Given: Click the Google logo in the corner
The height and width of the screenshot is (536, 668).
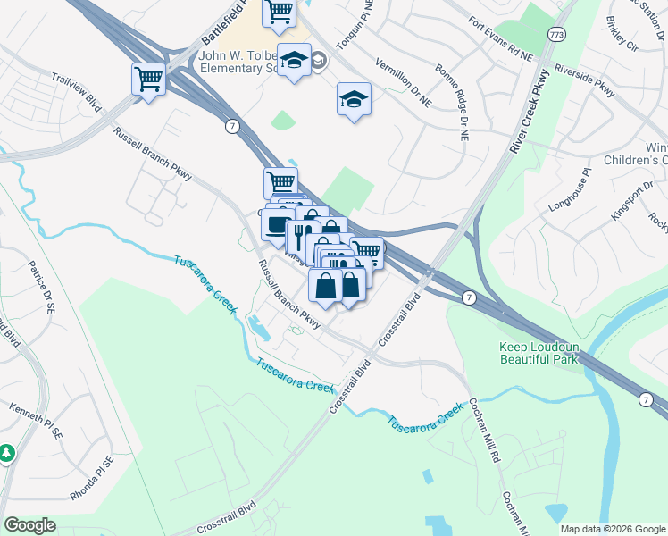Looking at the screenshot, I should coord(29,525).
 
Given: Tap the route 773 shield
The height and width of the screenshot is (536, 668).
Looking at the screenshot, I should coord(557,34).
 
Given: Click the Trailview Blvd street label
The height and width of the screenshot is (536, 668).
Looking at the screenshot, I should coord(77,92).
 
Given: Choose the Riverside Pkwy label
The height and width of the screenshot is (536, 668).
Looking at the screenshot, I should coord(585,79).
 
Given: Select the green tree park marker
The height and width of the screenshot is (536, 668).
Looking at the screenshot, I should coord(7,453).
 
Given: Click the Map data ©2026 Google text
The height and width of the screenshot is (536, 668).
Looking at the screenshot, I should coord(612,529).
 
